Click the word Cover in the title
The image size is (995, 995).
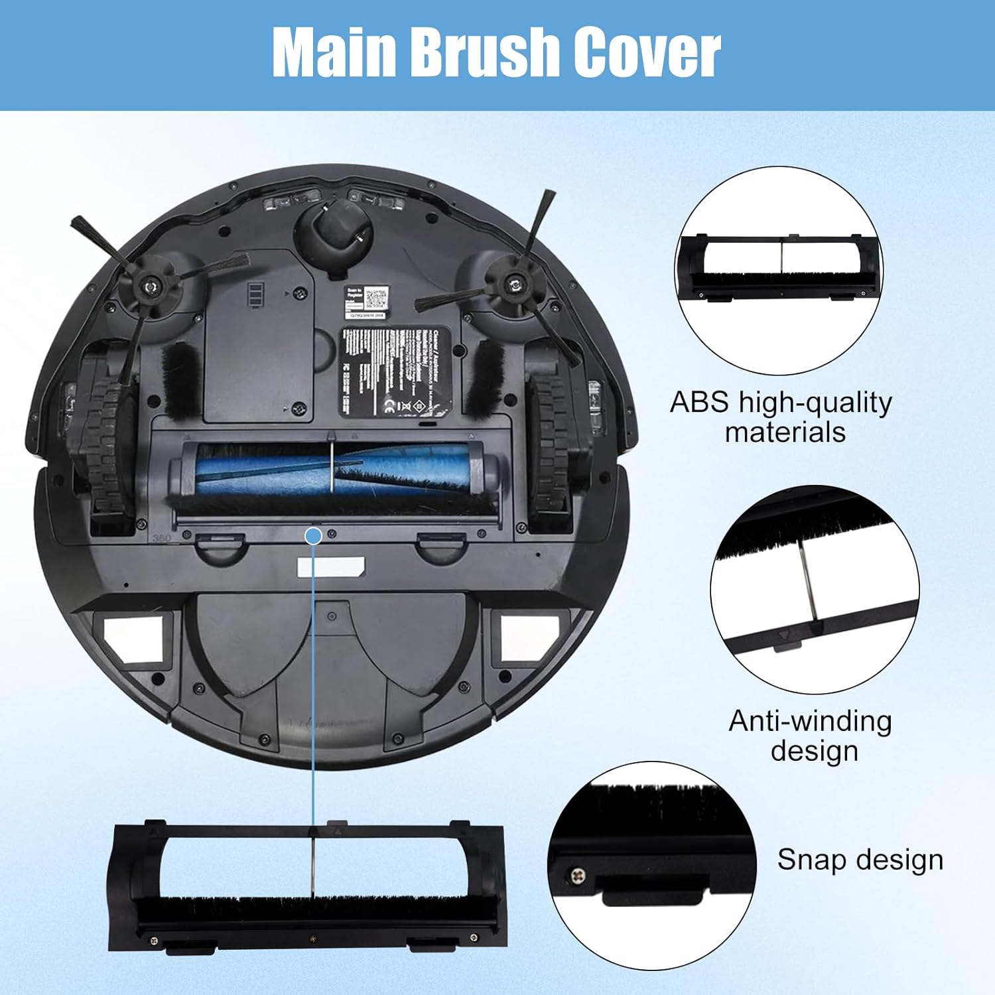[646, 53]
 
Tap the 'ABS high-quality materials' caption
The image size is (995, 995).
[781, 417]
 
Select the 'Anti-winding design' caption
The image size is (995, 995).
[811, 735]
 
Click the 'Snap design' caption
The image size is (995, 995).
[860, 860]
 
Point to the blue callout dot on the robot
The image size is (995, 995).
[314, 535]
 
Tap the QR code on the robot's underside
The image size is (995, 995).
[375, 297]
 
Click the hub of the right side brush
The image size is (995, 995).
[513, 285]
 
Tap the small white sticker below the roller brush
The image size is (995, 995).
[330, 566]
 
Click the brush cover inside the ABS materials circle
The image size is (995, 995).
[780, 265]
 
